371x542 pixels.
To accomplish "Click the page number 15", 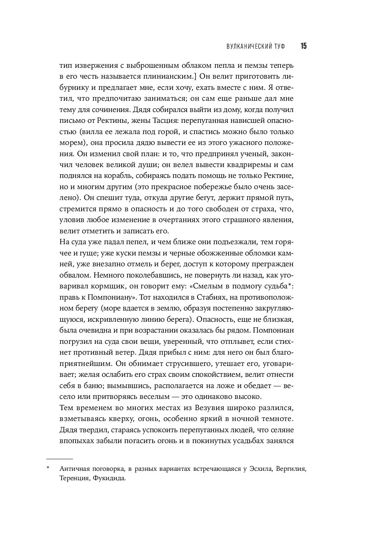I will tap(303, 46).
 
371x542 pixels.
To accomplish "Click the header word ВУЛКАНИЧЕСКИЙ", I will tap(248, 46).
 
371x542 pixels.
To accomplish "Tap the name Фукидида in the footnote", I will tap(108, 478).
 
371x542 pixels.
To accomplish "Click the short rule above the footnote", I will tap(59, 458).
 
